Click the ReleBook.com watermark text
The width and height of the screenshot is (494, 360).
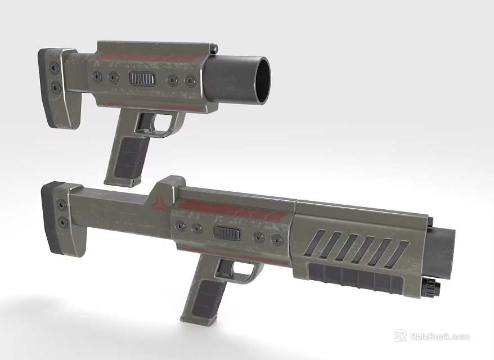439,337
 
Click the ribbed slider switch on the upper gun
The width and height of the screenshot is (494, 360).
142,78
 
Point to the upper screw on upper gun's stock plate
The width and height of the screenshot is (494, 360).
55,68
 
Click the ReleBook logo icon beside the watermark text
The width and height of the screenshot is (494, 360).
400,336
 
